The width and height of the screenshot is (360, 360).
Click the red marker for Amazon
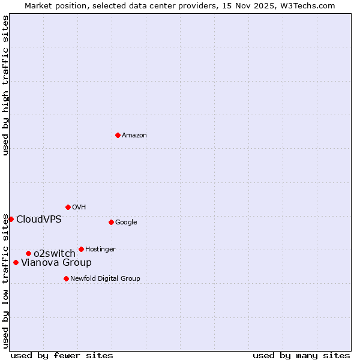click(x=118, y=135)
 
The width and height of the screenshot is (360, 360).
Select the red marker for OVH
click(x=68, y=207)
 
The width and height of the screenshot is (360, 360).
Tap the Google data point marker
click(x=111, y=222)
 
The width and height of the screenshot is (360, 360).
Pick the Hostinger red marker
click(x=81, y=249)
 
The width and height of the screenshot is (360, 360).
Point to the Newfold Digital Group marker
click(x=66, y=278)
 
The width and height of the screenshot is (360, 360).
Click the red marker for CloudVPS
click(x=11, y=219)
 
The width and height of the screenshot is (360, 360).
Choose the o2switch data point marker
click(x=28, y=253)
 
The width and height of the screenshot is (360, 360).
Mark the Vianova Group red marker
click(x=16, y=262)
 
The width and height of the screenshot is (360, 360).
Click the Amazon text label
click(x=134, y=136)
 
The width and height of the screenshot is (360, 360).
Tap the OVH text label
click(x=79, y=208)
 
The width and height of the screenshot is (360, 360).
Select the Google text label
click(x=126, y=223)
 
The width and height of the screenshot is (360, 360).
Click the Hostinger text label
click(x=100, y=250)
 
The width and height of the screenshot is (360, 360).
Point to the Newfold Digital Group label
click(x=105, y=279)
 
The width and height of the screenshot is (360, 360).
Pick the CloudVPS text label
click(x=39, y=220)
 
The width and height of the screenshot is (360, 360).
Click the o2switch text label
click(x=55, y=254)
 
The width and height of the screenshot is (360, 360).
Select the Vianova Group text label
click(x=56, y=263)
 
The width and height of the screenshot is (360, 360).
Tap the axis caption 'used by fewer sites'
click(x=62, y=355)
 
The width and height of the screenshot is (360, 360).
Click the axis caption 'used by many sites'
click(x=301, y=355)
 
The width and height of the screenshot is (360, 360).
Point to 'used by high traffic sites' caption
click(x=6, y=86)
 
